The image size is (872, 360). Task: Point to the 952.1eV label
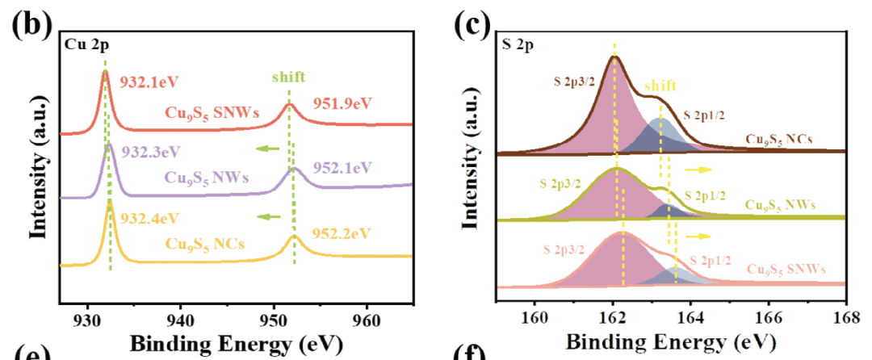(x=342, y=167)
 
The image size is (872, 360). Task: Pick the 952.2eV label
(x=342, y=233)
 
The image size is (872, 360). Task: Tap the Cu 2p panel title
(x=83, y=44)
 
